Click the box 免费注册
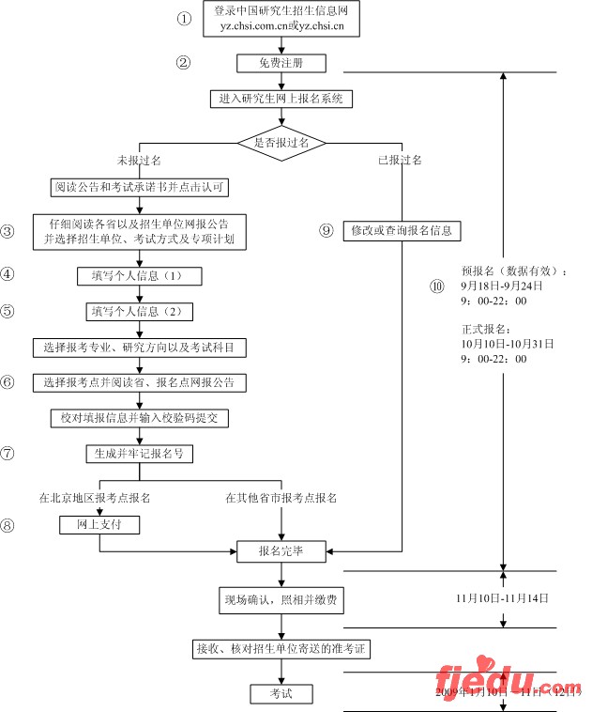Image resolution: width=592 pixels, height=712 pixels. [x=281, y=63]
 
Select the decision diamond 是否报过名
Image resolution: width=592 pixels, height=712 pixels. [x=281, y=143]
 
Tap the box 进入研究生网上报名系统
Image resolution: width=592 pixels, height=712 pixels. [x=281, y=99]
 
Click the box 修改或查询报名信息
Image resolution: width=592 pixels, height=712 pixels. [x=402, y=230]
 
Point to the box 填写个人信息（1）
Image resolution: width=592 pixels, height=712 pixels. [x=140, y=276]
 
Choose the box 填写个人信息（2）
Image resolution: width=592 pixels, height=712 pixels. [x=140, y=311]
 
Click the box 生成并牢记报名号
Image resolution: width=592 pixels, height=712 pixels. [x=140, y=453]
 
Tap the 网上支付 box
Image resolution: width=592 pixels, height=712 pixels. [x=99, y=524]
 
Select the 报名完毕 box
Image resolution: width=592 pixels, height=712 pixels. [x=281, y=549]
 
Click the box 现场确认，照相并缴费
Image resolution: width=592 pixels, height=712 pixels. [x=281, y=599]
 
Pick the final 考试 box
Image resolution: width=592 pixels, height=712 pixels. [x=281, y=694]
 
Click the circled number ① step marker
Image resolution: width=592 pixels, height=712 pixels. [x=184, y=19]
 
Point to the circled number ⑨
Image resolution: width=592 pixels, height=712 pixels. [x=326, y=230]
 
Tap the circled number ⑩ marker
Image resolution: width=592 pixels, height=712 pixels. [x=436, y=286]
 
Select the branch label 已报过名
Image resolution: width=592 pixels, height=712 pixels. [x=400, y=161]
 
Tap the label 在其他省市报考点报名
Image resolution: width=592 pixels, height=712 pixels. [x=281, y=497]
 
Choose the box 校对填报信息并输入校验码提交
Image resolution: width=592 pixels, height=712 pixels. [x=140, y=417]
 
